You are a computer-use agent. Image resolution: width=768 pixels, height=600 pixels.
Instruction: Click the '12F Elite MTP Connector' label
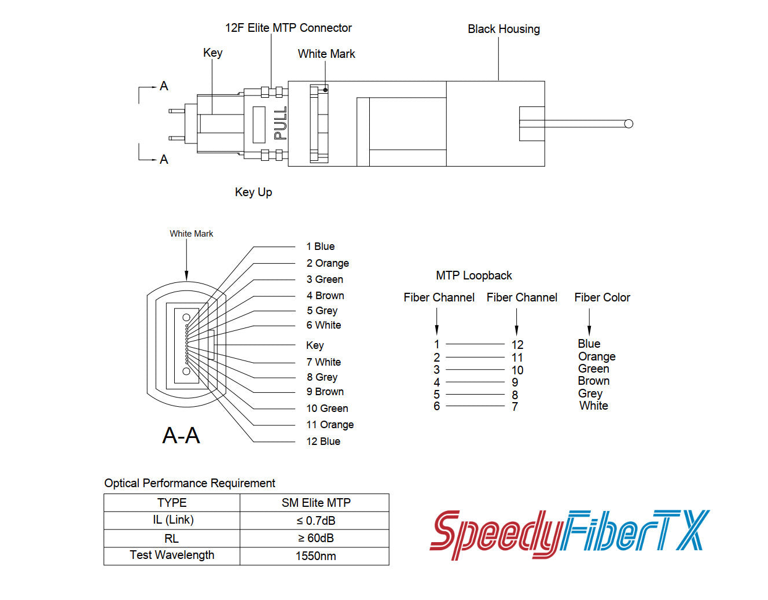pos(288,28)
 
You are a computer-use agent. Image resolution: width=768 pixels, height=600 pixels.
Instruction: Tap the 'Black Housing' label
pos(504,29)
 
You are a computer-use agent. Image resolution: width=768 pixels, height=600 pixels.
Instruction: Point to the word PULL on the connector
pos(281,123)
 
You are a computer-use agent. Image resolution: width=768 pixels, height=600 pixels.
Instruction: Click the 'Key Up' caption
pos(253,192)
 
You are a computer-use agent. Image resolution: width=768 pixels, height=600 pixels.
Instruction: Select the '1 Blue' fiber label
pos(321,246)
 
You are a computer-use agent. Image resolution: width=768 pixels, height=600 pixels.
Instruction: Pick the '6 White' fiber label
pos(324,325)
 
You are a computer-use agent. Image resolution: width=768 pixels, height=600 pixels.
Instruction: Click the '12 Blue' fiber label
pos(323,441)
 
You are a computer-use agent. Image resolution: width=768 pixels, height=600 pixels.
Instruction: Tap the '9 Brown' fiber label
pos(325,392)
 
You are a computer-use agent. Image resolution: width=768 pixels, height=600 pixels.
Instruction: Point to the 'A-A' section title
pos(181,435)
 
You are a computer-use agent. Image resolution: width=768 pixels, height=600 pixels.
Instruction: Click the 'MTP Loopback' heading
pos(474,275)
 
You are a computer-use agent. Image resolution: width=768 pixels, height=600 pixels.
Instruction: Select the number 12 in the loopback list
pos(517,345)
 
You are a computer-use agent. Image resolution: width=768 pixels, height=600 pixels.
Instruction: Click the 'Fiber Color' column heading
pos(602,297)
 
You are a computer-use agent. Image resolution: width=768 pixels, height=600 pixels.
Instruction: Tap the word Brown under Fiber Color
pos(594,381)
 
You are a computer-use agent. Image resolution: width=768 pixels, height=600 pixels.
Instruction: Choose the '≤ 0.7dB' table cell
pos(315,521)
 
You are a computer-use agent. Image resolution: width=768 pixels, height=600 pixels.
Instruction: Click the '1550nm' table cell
pos(315,556)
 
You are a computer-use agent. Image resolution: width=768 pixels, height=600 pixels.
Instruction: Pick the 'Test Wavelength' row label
pos(172,555)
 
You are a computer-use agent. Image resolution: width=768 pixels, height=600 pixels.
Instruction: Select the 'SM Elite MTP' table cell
pos(316,503)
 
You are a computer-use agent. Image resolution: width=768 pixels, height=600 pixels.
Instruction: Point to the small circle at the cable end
pos(629,124)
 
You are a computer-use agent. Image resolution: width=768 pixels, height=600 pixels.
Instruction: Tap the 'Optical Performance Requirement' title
pos(190,483)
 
